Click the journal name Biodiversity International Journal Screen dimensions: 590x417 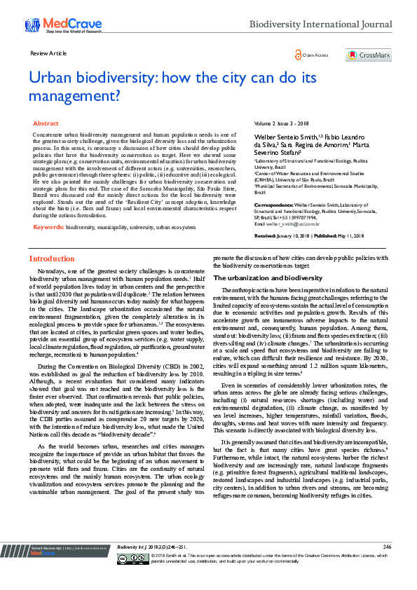(321, 25)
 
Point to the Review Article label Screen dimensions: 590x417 (48, 53)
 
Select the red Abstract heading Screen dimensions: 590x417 (46, 123)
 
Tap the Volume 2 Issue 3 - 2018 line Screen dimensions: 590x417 (281, 123)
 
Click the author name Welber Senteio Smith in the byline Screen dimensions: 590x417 (281, 135)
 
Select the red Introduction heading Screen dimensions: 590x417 (51, 240)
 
